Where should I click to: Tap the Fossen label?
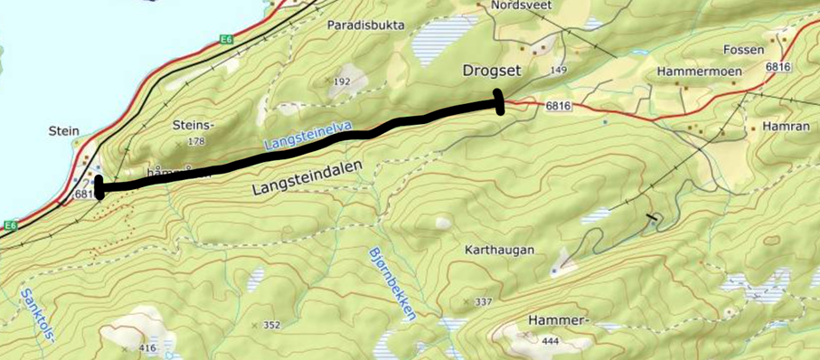[x=744, y=50]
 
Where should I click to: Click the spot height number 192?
[x=342, y=81]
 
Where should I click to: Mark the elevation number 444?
[x=551, y=341]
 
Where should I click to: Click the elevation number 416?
[x=147, y=348]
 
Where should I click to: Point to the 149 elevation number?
[x=558, y=70]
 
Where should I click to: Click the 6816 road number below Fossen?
[x=778, y=68]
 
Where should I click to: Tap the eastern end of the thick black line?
[x=499, y=102]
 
